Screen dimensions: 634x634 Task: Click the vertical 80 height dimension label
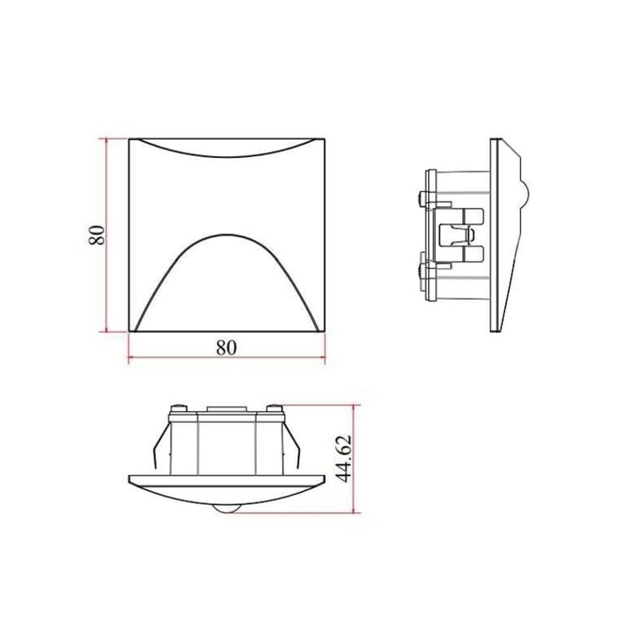(x=96, y=235)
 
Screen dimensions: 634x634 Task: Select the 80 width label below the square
(x=226, y=347)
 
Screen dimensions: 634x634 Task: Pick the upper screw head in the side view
(x=423, y=196)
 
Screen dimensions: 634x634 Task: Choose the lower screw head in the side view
(x=423, y=269)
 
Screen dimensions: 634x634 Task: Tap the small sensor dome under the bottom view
(x=224, y=509)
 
